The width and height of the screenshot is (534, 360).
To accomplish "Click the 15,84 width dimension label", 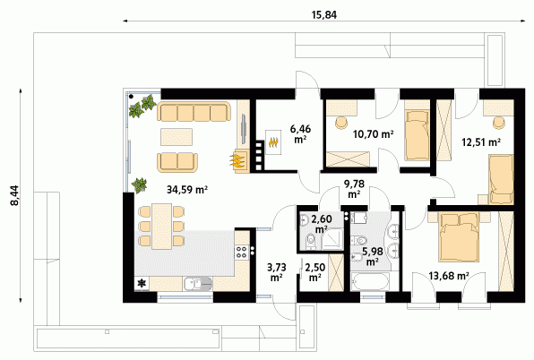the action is coord(323,15).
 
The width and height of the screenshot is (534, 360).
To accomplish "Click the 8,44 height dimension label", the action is coord(15,195).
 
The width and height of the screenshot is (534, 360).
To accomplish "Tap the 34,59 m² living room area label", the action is coord(187,190).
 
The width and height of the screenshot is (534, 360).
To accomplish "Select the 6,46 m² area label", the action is coord(300,133).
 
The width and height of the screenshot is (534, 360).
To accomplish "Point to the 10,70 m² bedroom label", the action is coord(374,134).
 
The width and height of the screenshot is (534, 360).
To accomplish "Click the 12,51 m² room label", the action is coord(481,141).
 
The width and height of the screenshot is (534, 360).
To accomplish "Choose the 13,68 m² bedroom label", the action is coord(449,276).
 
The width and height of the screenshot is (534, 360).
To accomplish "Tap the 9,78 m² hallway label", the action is coord(354,189).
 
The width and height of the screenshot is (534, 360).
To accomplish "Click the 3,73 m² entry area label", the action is coord(276,272).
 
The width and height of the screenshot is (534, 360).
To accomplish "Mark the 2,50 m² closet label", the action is coord(315,272).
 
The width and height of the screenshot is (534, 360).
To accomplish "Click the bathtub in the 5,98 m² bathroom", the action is coord(369,282).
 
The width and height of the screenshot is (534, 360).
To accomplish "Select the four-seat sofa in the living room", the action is coord(194,111).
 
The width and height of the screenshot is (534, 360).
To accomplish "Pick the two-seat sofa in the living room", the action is coord(177,162).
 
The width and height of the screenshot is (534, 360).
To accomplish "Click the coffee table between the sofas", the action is coord(177,137).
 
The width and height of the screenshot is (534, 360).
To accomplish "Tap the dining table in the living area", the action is coord(162,227).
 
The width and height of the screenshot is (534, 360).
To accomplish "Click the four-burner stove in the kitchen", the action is coord(241,253).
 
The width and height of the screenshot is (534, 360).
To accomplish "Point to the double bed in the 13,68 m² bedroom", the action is coord(459,236).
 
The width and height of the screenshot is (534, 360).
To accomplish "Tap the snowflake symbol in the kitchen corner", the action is coord(142,283).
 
